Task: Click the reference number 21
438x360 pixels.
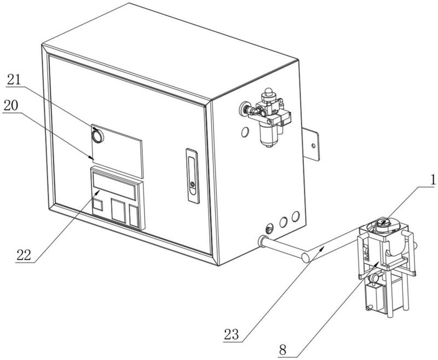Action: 14,80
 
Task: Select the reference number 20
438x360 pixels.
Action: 11,105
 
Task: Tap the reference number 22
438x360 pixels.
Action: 24,255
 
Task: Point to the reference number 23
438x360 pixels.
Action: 231,334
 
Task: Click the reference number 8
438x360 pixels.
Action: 283,350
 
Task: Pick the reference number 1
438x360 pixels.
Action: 433,180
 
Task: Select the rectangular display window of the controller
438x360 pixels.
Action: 114,186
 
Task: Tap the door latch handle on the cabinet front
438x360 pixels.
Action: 193,176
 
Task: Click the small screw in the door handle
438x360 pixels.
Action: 192,184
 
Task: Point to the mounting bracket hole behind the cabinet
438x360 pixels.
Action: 313,146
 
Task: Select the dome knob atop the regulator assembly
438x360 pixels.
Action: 268,92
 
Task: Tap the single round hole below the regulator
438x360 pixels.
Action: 245,132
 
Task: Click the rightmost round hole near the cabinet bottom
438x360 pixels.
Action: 296,216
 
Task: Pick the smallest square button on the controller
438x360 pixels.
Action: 97,205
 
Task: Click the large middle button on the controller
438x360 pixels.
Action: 118,210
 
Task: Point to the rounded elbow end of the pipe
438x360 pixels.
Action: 306,257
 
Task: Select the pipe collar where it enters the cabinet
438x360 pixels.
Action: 263,242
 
